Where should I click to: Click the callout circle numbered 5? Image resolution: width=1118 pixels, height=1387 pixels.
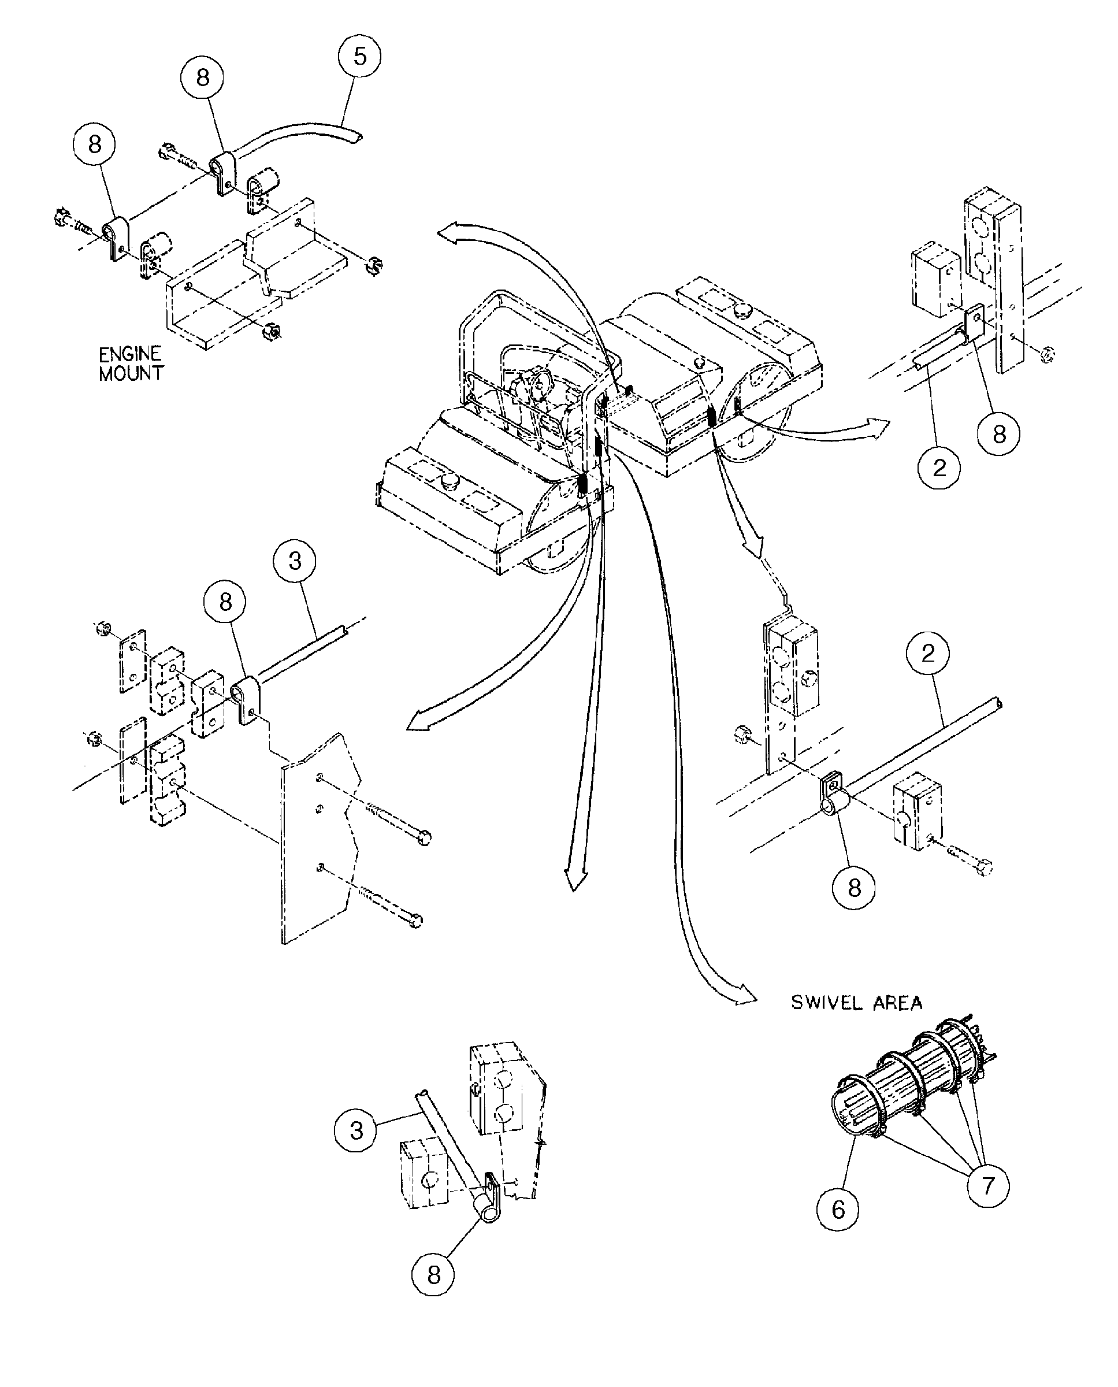pyautogui.click(x=359, y=56)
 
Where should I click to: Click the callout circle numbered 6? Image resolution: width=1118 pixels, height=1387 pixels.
pyautogui.click(x=838, y=1209)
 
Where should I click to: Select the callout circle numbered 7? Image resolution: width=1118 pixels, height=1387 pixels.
pyautogui.click(x=988, y=1185)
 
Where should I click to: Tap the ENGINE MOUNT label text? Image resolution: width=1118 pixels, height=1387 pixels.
pyautogui.click(x=131, y=364)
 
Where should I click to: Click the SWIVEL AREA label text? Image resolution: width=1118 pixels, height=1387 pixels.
pyautogui.click(x=856, y=1003)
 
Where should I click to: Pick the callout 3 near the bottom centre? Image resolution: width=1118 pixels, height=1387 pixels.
pyautogui.click(x=356, y=1130)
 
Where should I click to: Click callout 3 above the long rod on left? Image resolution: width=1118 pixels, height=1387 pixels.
pyautogui.click(x=295, y=561)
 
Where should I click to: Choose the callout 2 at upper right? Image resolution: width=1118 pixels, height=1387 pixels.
pyautogui.click(x=939, y=468)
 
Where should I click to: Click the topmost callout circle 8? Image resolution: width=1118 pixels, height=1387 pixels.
pyautogui.click(x=202, y=78)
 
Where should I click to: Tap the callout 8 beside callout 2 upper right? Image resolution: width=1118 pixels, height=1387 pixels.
pyautogui.click(x=998, y=434)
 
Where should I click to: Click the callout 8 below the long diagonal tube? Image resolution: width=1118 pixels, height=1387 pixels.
pyautogui.click(x=854, y=888)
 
